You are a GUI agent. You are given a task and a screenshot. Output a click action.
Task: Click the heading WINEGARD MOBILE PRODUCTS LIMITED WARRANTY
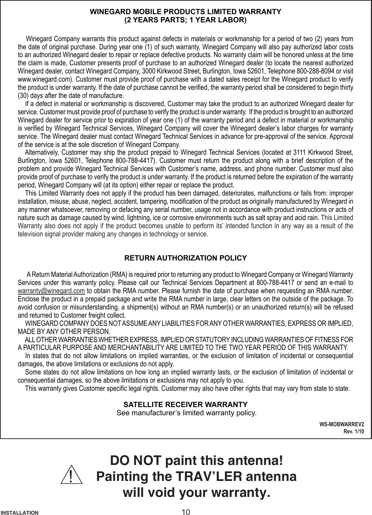(x=186, y=11)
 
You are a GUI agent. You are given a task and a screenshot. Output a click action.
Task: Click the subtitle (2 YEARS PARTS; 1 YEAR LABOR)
(x=186, y=20)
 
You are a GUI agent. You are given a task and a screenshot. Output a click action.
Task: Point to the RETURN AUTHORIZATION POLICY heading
(x=186, y=257)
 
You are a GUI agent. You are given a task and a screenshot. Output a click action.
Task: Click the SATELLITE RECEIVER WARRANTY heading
(x=186, y=405)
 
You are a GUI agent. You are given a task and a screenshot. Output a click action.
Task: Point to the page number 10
(x=186, y=511)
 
